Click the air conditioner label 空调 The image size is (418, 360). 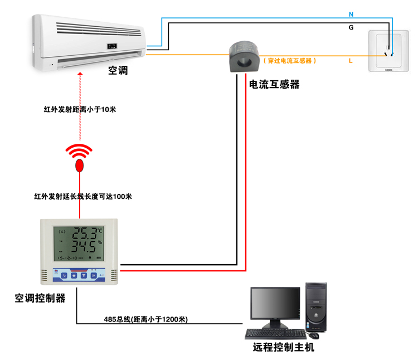point(118,71)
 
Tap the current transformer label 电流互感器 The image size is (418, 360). point(274,84)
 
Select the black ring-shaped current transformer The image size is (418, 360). point(242,56)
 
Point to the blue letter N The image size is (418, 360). point(351,13)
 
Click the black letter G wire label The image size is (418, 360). point(351,27)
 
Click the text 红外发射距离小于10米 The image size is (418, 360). point(80,110)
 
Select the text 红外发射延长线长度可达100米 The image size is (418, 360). point(82,196)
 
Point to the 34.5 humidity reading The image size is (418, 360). point(85,246)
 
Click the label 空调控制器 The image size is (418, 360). point(40,298)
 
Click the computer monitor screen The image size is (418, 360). point(275,304)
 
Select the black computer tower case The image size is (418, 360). point(315,307)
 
